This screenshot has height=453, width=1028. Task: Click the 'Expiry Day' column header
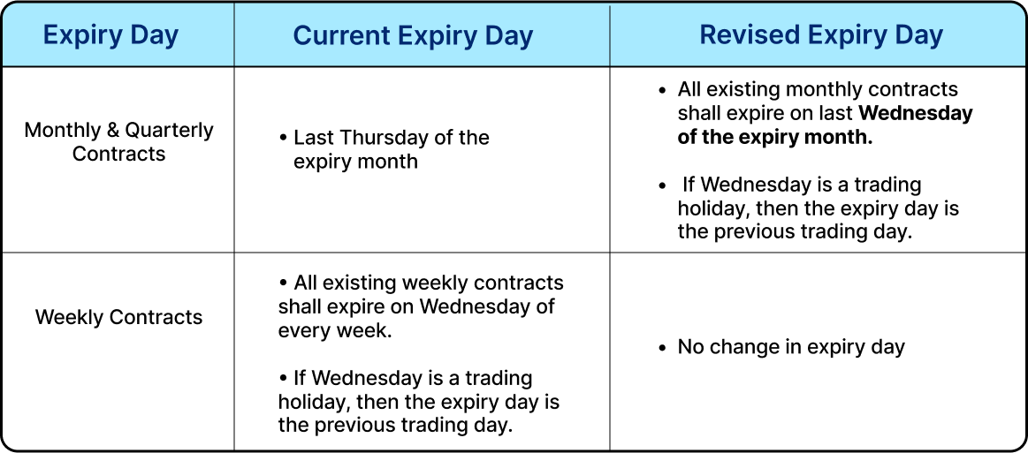(x=110, y=35)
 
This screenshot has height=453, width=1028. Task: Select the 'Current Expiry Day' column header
(x=413, y=35)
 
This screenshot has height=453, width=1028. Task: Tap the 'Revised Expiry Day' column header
(x=821, y=35)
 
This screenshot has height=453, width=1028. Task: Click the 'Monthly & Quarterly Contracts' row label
(x=119, y=141)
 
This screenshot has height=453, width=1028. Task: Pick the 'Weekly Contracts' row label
(x=119, y=317)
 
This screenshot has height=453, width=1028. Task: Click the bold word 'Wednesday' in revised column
(x=916, y=114)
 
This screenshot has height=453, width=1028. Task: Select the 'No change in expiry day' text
(x=791, y=347)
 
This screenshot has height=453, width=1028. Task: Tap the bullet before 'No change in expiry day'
(x=662, y=348)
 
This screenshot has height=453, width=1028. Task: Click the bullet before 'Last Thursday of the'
(x=283, y=139)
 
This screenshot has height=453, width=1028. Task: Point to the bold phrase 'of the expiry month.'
(x=775, y=138)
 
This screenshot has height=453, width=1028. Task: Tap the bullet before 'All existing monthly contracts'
(x=662, y=90)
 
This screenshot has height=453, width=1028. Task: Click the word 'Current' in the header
(x=339, y=35)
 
